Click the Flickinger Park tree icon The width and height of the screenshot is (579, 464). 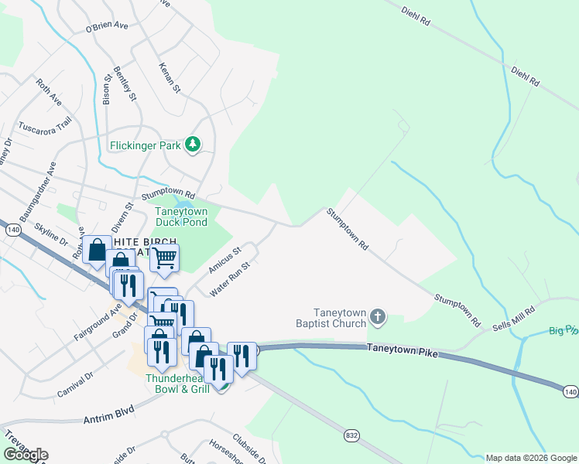(x=193, y=145)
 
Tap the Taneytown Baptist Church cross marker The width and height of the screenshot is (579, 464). (x=377, y=316)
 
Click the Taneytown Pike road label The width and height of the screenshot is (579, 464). (x=403, y=353)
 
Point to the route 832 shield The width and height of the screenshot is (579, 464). (x=352, y=436)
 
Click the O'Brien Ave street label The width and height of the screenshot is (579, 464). (x=107, y=27)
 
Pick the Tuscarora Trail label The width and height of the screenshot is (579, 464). (x=44, y=125)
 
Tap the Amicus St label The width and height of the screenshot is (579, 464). (x=225, y=260)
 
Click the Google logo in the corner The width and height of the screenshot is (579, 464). (x=25, y=454)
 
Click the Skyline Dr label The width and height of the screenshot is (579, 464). (x=53, y=234)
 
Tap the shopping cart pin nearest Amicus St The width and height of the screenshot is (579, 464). (x=164, y=258)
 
